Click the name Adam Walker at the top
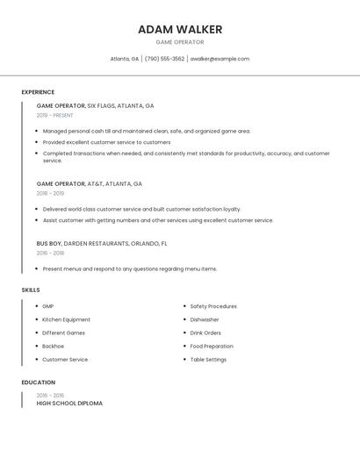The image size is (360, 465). tap(180, 30)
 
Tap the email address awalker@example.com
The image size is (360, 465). tap(220, 59)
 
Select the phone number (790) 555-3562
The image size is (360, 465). tap(164, 59)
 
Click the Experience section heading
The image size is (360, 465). tap(38, 92)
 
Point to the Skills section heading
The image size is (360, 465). tap(31, 290)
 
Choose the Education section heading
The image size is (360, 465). tap(39, 383)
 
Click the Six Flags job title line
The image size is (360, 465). tap(95, 105)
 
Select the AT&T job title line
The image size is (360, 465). tap(89, 184)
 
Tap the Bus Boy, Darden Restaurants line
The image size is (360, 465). tap(102, 243)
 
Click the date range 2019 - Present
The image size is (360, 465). tap(55, 115)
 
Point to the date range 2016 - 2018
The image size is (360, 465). tap(50, 253)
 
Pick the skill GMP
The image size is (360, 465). tap(48, 306)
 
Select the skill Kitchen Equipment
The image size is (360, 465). tap(66, 319)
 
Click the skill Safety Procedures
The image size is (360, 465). tap(213, 306)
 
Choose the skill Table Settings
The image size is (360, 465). tap(208, 360)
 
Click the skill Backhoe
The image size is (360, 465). tap(53, 347)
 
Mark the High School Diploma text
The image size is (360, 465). tap(69, 404)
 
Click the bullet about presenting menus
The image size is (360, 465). tap(129, 268)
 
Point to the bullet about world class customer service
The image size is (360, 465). tap(141, 210)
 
